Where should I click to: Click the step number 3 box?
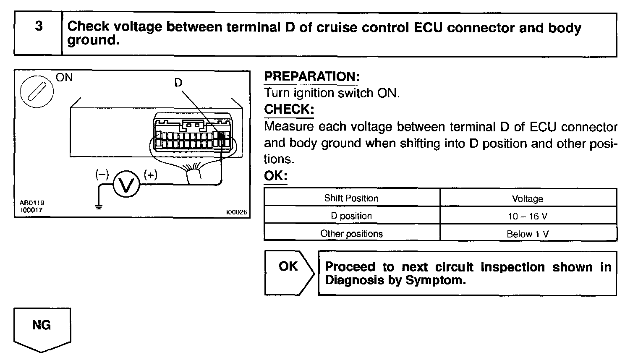pyautogui.click(x=38, y=34)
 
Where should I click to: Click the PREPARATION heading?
pyautogui.click(x=311, y=77)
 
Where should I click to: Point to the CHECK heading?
pyautogui.click(x=289, y=109)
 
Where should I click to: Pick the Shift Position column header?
pyautogui.click(x=351, y=198)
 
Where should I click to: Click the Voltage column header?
pyautogui.click(x=528, y=198)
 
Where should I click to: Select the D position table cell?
pyautogui.click(x=351, y=216)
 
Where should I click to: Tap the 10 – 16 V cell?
pyautogui.click(x=528, y=216)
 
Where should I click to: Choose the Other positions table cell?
pyautogui.click(x=351, y=233)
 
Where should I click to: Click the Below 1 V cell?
pyautogui.click(x=528, y=234)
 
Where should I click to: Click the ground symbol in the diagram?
pyautogui.click(x=99, y=206)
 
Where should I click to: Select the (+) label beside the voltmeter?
pyautogui.click(x=150, y=174)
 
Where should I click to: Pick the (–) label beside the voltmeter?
pyautogui.click(x=102, y=174)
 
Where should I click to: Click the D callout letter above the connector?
pyautogui.click(x=178, y=83)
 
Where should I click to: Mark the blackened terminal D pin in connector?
pyautogui.click(x=220, y=136)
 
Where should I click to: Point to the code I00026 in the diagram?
pyautogui.click(x=236, y=212)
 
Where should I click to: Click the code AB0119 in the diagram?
pyautogui.click(x=31, y=203)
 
